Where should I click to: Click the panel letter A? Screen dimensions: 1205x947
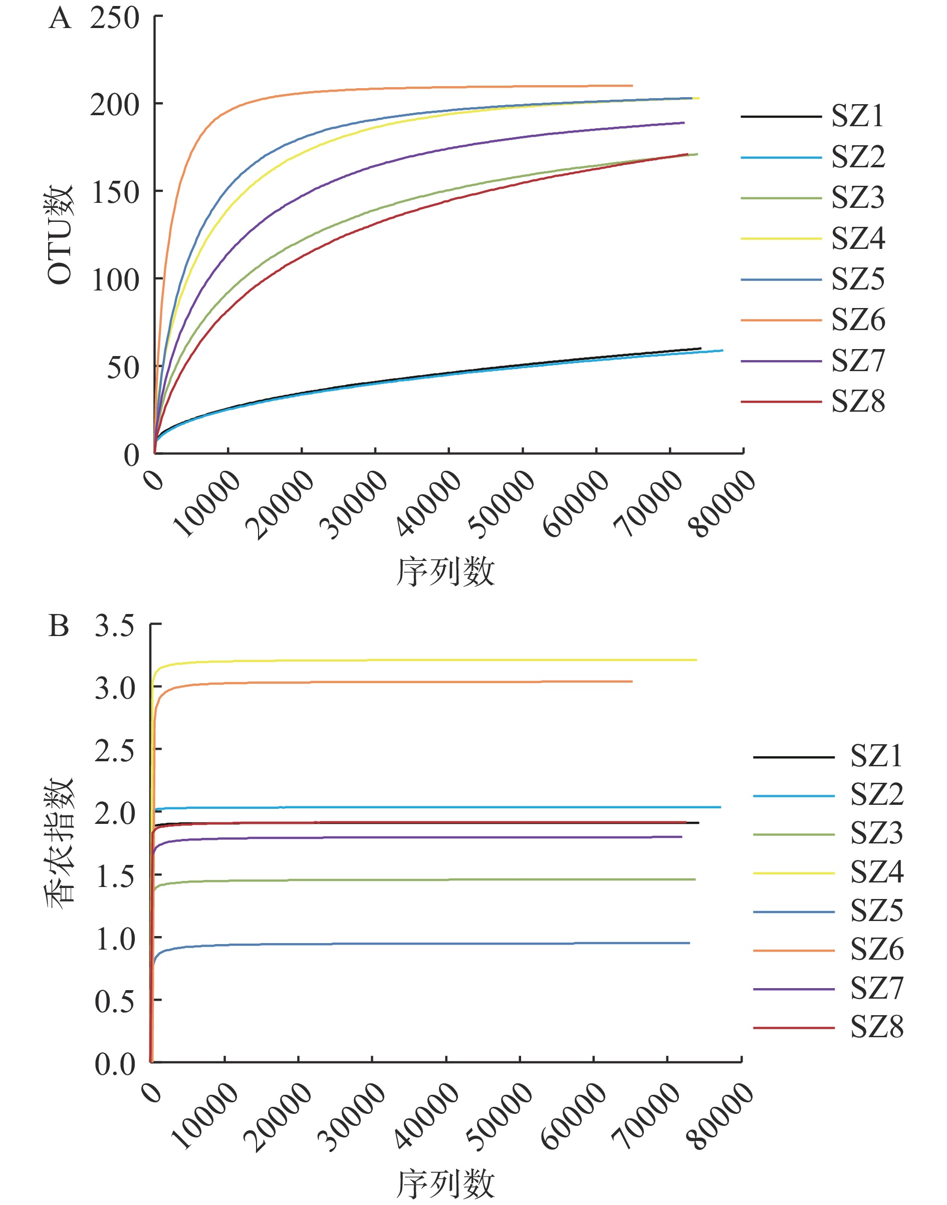pyautogui.click(x=60, y=19)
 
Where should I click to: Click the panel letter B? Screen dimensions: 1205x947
pyautogui.click(x=59, y=627)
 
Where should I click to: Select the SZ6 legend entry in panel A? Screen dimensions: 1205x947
pyautogui.click(x=858, y=320)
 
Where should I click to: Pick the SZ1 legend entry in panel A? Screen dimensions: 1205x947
pyautogui.click(x=857, y=116)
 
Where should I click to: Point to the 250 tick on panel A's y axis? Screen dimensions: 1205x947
pyautogui.click(x=115, y=19)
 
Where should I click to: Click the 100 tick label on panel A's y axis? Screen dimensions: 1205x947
pyautogui.click(x=115, y=280)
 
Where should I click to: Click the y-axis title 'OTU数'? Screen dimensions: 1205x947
pyautogui.click(x=60, y=235)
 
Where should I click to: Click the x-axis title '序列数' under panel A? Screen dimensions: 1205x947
pyautogui.click(x=445, y=572)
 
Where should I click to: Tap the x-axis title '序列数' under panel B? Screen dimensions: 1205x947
pyautogui.click(x=445, y=1184)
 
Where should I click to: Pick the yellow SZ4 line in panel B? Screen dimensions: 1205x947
pyautogui.click(x=443, y=660)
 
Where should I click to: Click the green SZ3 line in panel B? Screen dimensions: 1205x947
pyautogui.click(x=443, y=879)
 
